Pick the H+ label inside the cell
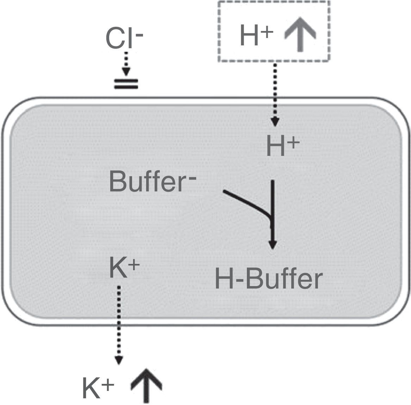point(282,147)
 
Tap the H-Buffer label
point(268,279)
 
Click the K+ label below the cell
point(98,388)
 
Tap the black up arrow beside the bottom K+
point(146,385)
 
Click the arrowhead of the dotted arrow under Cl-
point(126,72)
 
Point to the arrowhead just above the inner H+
point(275,122)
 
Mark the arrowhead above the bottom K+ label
point(119,361)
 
